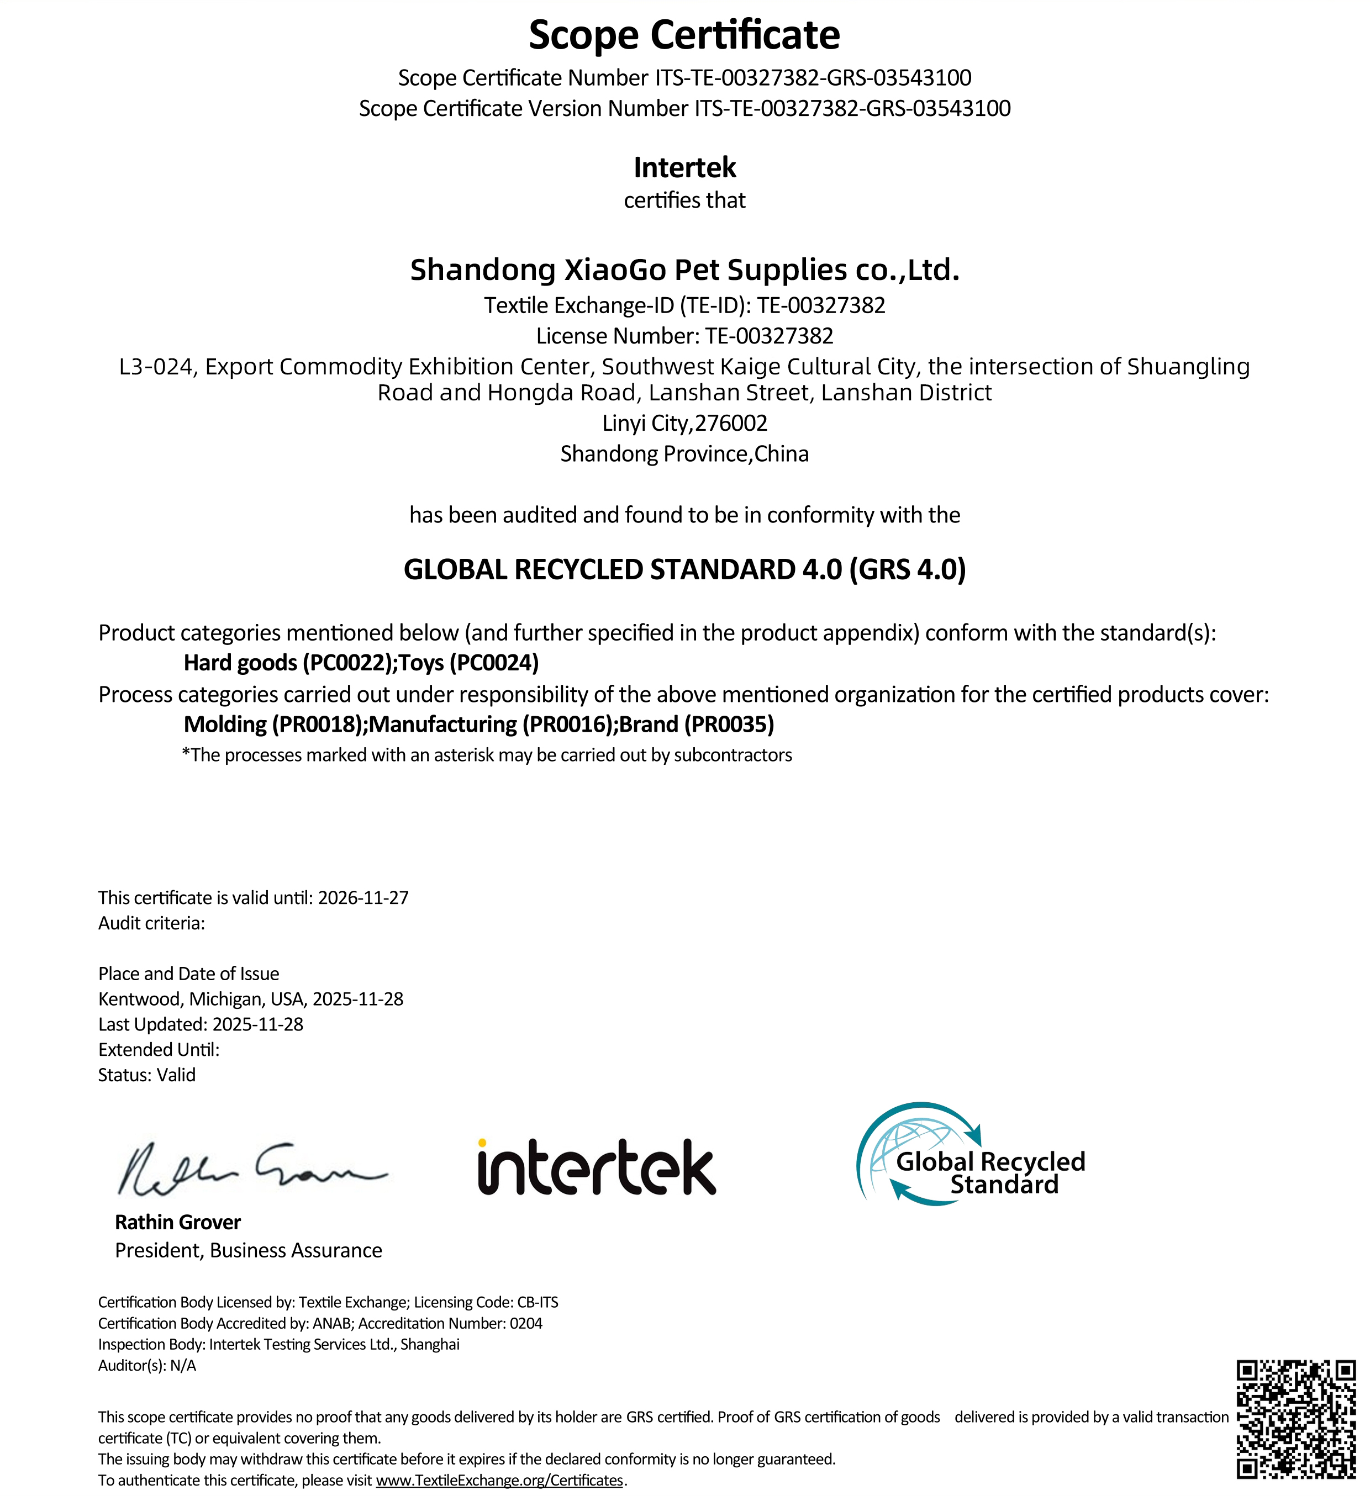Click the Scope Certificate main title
pyautogui.click(x=684, y=35)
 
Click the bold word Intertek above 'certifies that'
pyautogui.click(x=684, y=168)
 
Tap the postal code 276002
pyautogui.click(x=731, y=423)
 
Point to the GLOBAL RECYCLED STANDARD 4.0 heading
pyautogui.click(x=684, y=569)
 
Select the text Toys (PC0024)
pyautogui.click(x=469, y=663)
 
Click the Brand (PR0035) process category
pyautogui.click(x=697, y=725)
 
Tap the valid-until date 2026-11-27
pyautogui.click(x=363, y=898)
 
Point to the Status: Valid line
pyautogui.click(x=147, y=1075)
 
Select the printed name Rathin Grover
pyautogui.click(x=177, y=1222)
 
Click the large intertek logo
pyautogui.click(x=597, y=1168)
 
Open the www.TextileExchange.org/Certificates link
pyautogui.click(x=499, y=1479)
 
